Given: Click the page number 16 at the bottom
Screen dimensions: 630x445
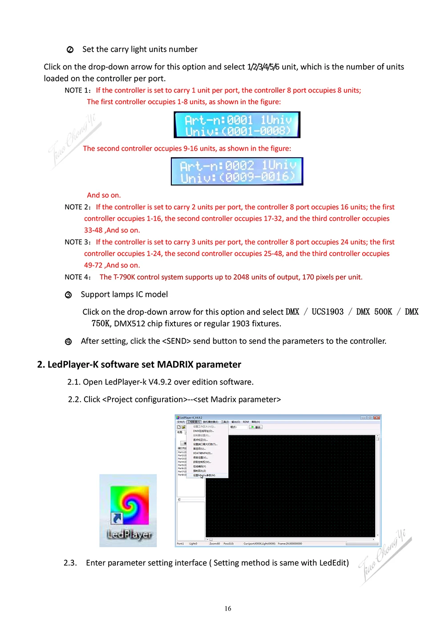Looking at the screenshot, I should (228, 609).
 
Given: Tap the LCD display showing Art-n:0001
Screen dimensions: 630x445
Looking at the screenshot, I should (237, 125).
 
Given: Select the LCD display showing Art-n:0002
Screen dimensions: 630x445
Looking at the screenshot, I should (237, 171).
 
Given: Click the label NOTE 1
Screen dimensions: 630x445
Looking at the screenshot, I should (77, 90).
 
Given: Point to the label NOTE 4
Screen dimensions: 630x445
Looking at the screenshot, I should (77, 277).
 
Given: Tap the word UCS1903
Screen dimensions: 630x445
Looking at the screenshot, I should (328, 312).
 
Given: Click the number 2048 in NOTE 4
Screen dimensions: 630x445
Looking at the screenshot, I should (241, 277).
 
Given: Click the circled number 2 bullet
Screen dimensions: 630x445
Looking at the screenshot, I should (70, 50).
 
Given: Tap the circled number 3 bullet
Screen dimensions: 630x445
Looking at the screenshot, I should (68, 295).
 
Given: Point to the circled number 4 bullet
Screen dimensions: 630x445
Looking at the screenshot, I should (68, 342).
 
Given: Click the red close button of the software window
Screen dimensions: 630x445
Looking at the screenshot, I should (377, 418).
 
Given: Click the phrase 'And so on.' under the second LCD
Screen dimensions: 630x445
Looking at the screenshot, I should (104, 195).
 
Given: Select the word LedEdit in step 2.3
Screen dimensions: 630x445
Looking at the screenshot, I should (332, 563).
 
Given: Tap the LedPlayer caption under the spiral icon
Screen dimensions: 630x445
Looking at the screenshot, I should (129, 534).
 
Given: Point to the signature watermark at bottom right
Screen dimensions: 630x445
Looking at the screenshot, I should (384, 557).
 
